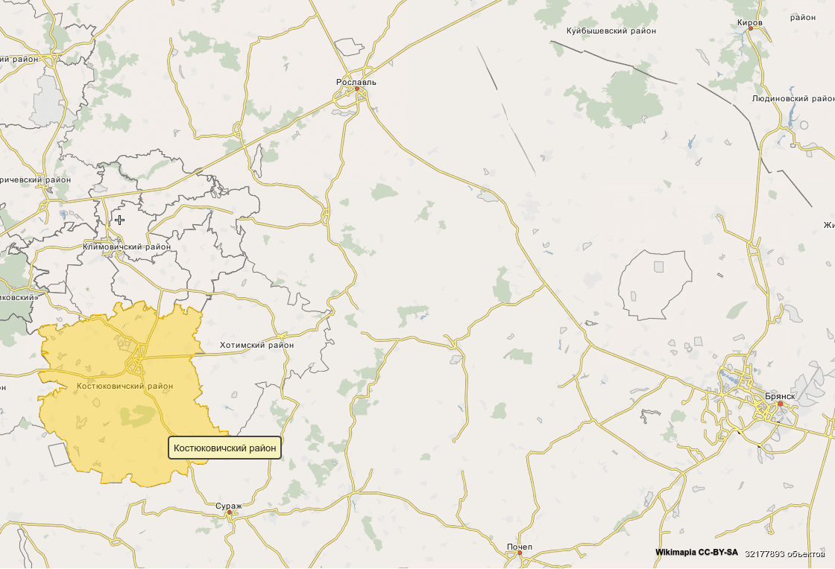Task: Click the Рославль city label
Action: click(x=356, y=82)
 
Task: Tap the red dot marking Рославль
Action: click(x=356, y=89)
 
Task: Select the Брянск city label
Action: click(x=778, y=396)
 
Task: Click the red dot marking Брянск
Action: click(x=781, y=404)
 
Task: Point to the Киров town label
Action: click(x=749, y=22)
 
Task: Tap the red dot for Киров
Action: click(x=750, y=29)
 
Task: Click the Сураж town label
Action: click(x=229, y=506)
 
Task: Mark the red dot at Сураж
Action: click(x=230, y=512)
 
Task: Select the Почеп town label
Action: click(x=520, y=547)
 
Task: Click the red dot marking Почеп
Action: click(x=520, y=553)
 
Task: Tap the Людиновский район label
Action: click(x=793, y=98)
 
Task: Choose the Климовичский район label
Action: click(x=127, y=247)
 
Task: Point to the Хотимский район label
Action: click(x=256, y=346)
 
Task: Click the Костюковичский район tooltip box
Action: click(x=224, y=448)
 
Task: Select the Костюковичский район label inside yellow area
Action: click(x=125, y=386)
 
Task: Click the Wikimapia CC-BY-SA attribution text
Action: click(x=696, y=553)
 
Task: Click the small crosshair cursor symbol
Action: click(x=119, y=220)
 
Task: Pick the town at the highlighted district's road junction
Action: click(x=136, y=363)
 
